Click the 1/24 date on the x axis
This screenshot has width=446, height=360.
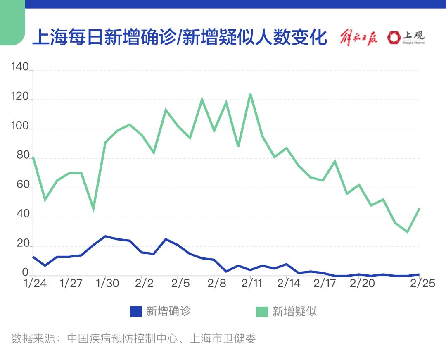point(34,284)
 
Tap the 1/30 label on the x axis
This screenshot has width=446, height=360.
point(107,284)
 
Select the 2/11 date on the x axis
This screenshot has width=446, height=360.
point(251,284)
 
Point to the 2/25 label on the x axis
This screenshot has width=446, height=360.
point(420,284)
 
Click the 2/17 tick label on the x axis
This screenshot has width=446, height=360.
point(324,284)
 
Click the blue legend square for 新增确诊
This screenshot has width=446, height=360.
point(136,311)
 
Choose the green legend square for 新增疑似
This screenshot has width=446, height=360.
point(262,311)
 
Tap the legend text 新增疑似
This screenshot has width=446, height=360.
point(294,311)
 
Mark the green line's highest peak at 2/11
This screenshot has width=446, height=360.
point(250,94)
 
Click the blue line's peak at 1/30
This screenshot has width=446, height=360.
point(105,236)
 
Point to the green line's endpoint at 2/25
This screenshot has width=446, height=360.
point(420,208)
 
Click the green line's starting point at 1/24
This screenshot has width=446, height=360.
point(33,157)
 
